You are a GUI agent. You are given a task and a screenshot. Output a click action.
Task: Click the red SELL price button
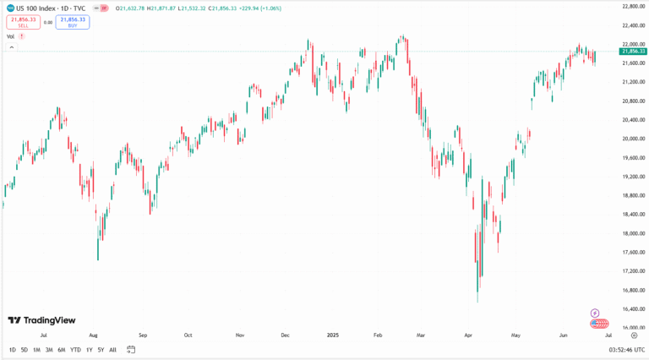pyautogui.click(x=22, y=22)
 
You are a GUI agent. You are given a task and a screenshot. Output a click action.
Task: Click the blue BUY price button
pyautogui.click(x=73, y=22)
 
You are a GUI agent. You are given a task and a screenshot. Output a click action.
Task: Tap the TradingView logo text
pyautogui.click(x=42, y=320)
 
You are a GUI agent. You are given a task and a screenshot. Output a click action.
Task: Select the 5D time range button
pyautogui.click(x=24, y=350)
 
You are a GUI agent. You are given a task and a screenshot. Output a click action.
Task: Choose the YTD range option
pyautogui.click(x=75, y=350)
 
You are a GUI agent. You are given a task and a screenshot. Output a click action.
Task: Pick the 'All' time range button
pyautogui.click(x=112, y=350)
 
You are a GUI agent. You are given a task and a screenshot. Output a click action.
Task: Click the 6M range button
pyautogui.click(x=62, y=350)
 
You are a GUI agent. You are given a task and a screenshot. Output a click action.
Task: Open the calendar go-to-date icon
pyautogui.click(x=131, y=350)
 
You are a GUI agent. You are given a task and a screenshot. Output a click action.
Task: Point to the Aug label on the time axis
pyautogui.click(x=93, y=335)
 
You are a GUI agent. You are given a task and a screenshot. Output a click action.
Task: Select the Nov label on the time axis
pyautogui.click(x=239, y=335)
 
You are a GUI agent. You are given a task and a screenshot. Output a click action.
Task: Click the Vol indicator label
pyautogui.click(x=11, y=36)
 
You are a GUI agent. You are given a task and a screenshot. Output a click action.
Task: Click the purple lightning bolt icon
pyautogui.click(x=595, y=314)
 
